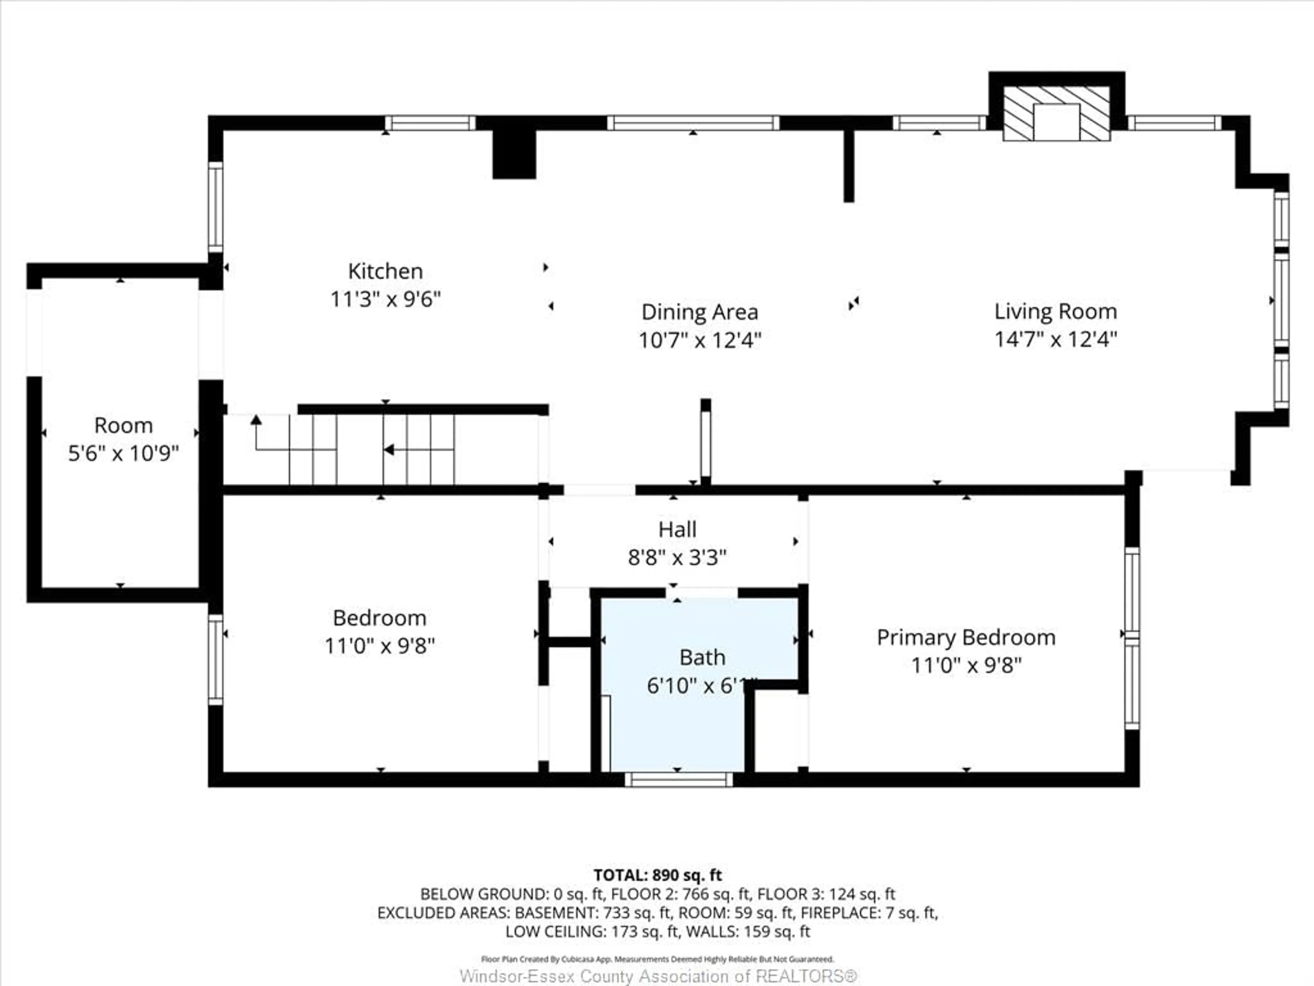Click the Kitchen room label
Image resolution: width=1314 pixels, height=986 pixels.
[385, 271]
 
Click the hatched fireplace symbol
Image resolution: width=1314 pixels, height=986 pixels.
[1056, 114]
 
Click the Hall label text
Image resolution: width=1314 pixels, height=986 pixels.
[677, 529]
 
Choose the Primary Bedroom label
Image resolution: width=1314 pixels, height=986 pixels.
[966, 638]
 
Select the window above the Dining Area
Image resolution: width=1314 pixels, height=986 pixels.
[693, 123]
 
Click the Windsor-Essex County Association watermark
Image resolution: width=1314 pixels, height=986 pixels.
[658, 976]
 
